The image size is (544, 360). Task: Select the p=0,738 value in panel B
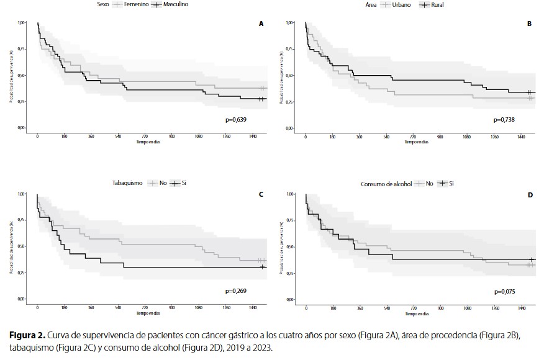point(504,119)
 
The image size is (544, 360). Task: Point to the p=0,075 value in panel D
point(504,291)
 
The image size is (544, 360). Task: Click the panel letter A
point(261,24)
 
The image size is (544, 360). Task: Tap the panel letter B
point(529,24)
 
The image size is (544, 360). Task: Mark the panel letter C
point(261,195)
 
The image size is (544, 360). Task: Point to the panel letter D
point(530,195)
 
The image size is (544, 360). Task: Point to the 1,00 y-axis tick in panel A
point(22,23)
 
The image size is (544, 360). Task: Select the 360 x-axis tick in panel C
point(91,308)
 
